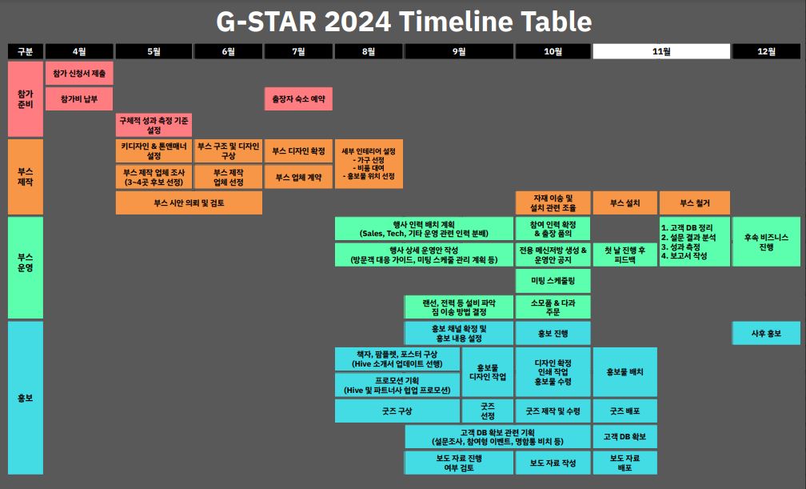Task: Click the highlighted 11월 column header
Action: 661,51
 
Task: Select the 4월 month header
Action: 79,51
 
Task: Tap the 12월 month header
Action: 766,51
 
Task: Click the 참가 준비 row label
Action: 26,98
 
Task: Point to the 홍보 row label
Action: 26,398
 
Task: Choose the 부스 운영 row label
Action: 26,267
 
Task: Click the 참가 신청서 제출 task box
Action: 79,73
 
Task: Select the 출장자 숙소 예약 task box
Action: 298,98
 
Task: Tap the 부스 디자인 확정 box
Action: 298,150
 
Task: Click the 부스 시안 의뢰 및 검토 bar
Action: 189,202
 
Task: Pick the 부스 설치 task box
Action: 625,202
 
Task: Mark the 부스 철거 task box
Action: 694,202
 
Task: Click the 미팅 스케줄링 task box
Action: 553,281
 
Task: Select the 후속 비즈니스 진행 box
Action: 766,242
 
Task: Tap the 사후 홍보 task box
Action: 766,333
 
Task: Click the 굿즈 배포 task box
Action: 625,411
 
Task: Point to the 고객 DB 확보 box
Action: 625,436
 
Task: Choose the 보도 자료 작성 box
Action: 553,463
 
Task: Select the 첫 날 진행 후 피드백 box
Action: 625,255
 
